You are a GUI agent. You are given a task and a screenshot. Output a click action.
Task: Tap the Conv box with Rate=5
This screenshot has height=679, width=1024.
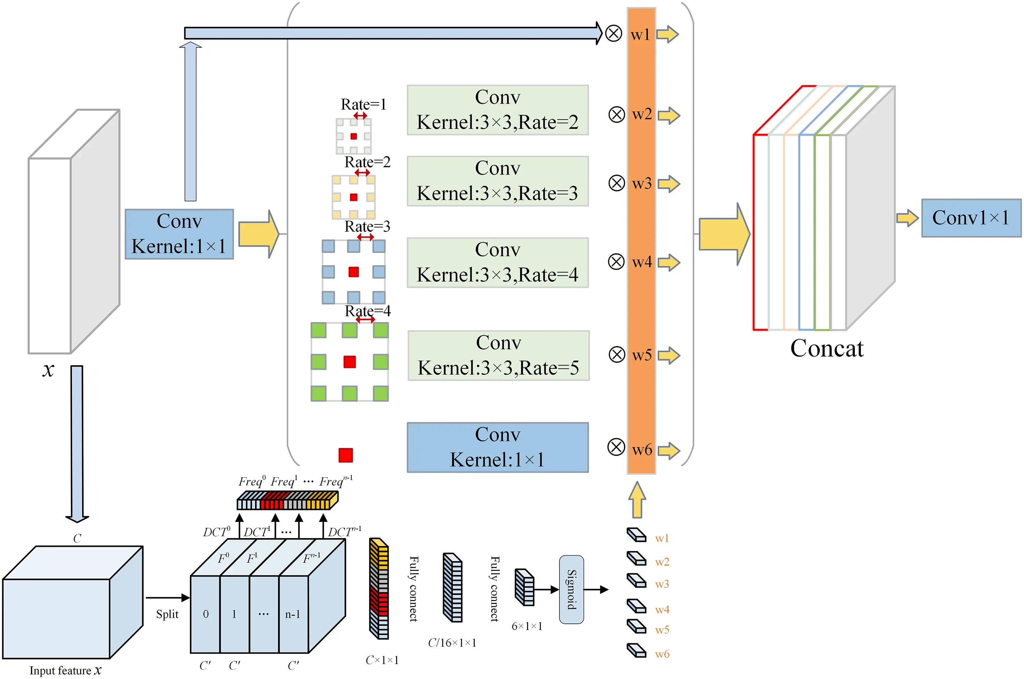click(x=498, y=356)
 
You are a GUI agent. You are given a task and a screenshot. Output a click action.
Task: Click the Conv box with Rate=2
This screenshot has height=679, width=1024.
click(x=497, y=110)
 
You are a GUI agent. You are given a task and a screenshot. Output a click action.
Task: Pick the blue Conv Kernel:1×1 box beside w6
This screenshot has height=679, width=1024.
click(x=497, y=447)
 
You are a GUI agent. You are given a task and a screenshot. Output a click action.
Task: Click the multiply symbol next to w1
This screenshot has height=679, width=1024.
click(x=613, y=33)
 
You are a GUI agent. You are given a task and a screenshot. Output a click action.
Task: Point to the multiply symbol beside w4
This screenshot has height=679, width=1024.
click(x=616, y=261)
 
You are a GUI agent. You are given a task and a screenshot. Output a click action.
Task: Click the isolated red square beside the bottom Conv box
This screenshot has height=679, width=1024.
click(x=346, y=455)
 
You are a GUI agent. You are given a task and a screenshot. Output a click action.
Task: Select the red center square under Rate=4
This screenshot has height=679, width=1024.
click(x=349, y=362)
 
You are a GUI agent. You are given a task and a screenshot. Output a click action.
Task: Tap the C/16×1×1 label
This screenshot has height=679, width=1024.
click(x=452, y=643)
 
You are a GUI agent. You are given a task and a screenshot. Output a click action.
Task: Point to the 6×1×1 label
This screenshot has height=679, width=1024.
click(x=527, y=626)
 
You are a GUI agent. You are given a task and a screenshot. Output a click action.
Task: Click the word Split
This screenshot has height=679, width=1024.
click(x=167, y=614)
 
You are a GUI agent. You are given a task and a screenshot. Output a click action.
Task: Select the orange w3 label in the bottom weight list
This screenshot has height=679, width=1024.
click(x=662, y=584)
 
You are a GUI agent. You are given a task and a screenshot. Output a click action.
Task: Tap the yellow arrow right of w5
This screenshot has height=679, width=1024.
click(x=669, y=356)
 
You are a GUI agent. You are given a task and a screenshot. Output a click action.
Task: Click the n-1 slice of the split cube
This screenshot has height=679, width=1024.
click(x=293, y=614)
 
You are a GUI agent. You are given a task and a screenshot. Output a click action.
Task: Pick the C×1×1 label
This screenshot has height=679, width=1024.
click(x=382, y=660)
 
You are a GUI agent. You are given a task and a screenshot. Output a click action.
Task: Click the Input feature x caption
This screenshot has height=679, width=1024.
click(x=65, y=670)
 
